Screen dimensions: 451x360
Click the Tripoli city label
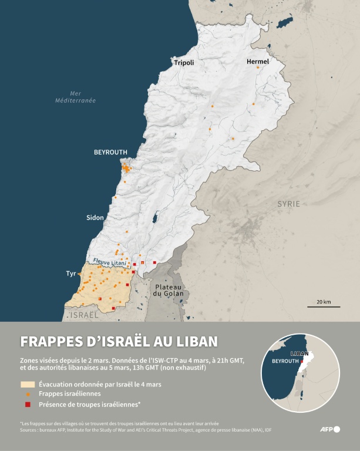pyautogui.click(x=183, y=62)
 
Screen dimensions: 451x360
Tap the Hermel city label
pyautogui.click(x=258, y=61)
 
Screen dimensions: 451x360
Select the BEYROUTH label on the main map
pyautogui.click(x=110, y=152)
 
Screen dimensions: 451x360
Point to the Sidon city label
pyautogui.click(x=95, y=217)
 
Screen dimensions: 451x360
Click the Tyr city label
pyautogui.click(x=71, y=274)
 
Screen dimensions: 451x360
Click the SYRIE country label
pyautogui.click(x=288, y=204)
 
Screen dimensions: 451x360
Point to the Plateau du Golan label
pyautogui.click(x=169, y=290)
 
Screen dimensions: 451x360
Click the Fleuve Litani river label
pyautogui.click(x=110, y=262)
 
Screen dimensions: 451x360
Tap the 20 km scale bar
pyautogui.click(x=323, y=305)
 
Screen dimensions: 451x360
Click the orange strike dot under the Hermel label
pyautogui.click(x=257, y=68)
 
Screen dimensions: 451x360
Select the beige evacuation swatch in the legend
pyautogui.click(x=28, y=385)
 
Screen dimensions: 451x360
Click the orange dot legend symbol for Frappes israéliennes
pyautogui.click(x=28, y=394)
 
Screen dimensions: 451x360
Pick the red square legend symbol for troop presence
pyautogui.click(x=28, y=404)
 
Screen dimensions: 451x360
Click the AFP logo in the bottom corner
pyautogui.click(x=331, y=429)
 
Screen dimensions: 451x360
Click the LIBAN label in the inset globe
pyautogui.click(x=299, y=354)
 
